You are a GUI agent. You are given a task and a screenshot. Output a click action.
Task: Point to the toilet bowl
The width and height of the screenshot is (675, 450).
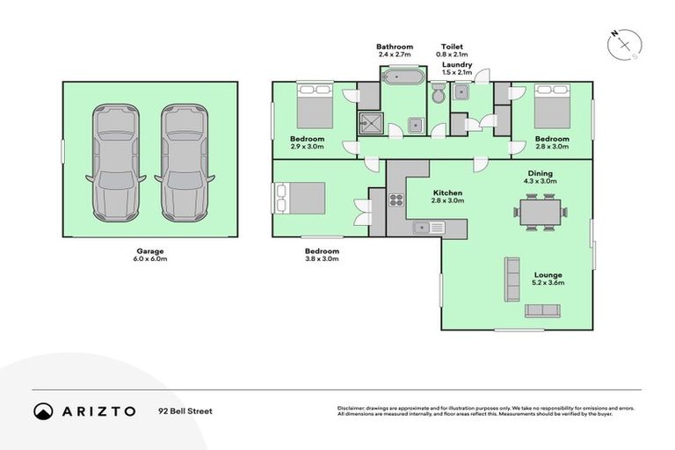click(x=438, y=93)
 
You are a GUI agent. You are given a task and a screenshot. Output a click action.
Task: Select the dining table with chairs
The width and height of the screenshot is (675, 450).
click(x=540, y=213)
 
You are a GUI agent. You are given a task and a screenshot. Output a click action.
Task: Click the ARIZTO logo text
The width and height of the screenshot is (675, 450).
click(x=98, y=410)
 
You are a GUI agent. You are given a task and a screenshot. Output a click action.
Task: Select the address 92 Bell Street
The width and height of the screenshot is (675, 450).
click(x=185, y=410)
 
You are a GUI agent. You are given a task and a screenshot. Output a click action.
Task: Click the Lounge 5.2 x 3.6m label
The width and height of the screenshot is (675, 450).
click(x=548, y=279)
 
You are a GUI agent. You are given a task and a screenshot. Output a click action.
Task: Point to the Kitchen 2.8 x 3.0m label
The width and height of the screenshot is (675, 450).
click(x=447, y=197)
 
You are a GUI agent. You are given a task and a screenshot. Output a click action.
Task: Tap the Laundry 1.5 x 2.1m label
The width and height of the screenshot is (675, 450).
click(x=457, y=69)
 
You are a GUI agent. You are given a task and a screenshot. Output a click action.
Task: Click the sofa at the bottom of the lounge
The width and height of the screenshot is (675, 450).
click(x=542, y=310)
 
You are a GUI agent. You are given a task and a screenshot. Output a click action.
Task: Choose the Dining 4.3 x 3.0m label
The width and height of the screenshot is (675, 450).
click(x=540, y=178)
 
